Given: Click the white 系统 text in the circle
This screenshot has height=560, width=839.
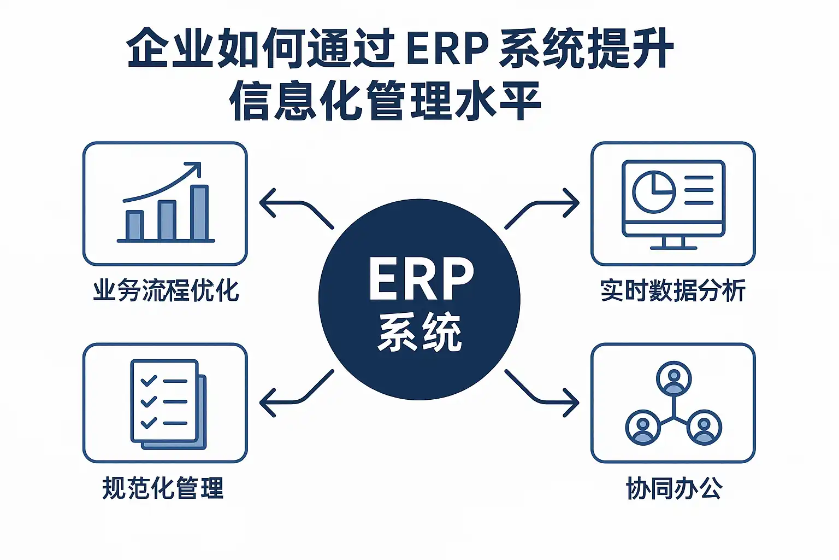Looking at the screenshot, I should click(x=420, y=332).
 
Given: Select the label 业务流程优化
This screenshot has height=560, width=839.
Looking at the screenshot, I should click(x=166, y=290).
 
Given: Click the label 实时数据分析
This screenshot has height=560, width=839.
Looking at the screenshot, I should click(x=673, y=290).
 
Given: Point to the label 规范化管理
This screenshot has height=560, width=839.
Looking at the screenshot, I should click(x=163, y=488).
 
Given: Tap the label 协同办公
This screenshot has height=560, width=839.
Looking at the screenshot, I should click(x=674, y=488).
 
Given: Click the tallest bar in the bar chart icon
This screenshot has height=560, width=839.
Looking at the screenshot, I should click(x=199, y=213).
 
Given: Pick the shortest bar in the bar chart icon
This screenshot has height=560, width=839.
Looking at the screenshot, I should click(x=134, y=225).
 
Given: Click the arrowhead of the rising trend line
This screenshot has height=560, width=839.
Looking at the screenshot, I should click(x=194, y=167).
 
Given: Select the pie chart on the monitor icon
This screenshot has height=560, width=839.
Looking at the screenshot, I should click(x=653, y=191).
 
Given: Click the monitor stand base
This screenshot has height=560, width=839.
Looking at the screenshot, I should click(x=673, y=247).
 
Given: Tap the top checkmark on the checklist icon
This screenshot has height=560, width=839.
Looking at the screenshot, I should click(x=149, y=381).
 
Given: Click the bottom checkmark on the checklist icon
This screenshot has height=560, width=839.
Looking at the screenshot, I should click(x=149, y=423).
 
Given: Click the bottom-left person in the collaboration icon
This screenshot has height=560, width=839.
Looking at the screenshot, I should click(x=643, y=427).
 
